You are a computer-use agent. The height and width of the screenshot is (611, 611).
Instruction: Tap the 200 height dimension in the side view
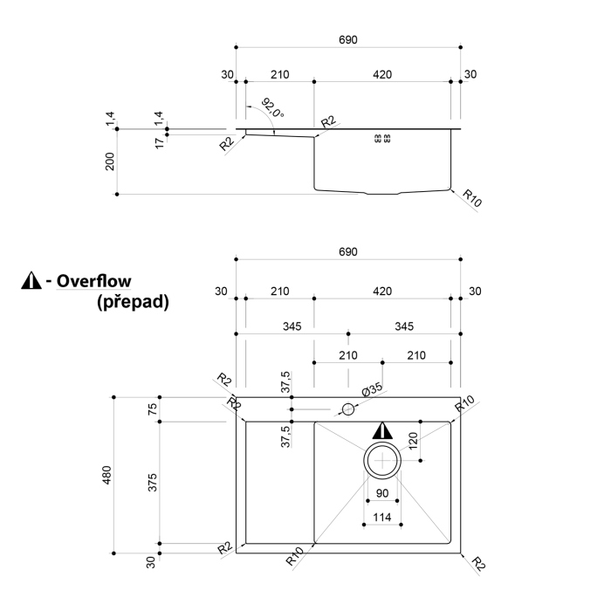(x=110, y=161)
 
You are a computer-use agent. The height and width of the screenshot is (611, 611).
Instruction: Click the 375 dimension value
(x=154, y=482)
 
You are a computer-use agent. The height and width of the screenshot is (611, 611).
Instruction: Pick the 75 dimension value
(x=154, y=408)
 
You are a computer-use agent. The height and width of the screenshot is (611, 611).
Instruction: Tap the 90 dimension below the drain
(x=381, y=493)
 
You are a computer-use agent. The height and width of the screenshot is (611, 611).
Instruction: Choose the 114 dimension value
(x=381, y=517)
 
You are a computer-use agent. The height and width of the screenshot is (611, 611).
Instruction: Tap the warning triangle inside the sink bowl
(x=382, y=430)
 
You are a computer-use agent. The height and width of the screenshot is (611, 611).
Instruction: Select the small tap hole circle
(x=348, y=408)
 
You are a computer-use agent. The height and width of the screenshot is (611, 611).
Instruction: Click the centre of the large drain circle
(x=382, y=460)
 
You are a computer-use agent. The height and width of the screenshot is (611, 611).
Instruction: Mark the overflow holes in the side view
(x=382, y=138)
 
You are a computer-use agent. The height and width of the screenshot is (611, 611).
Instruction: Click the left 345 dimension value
(x=292, y=326)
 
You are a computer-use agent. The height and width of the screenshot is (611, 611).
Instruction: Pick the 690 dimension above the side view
(x=348, y=39)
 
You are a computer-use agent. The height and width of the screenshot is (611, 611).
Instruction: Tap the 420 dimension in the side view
(x=381, y=74)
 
